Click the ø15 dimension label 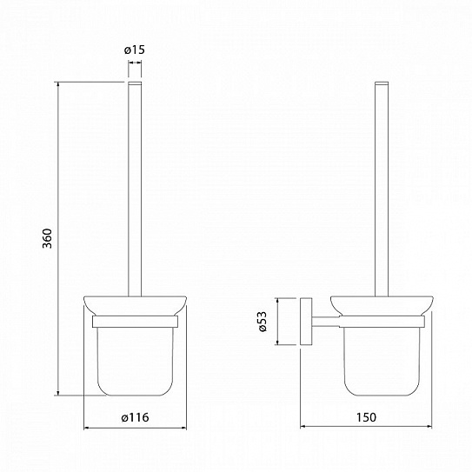click(134, 50)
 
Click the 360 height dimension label click(47, 238)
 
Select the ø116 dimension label click(135, 417)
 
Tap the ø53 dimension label click(263, 322)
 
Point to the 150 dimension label click(366, 417)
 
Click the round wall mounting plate click(306, 322)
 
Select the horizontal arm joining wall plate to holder click(326, 322)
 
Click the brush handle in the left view click(135, 189)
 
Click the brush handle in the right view click(382, 189)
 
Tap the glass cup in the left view click(135, 362)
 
